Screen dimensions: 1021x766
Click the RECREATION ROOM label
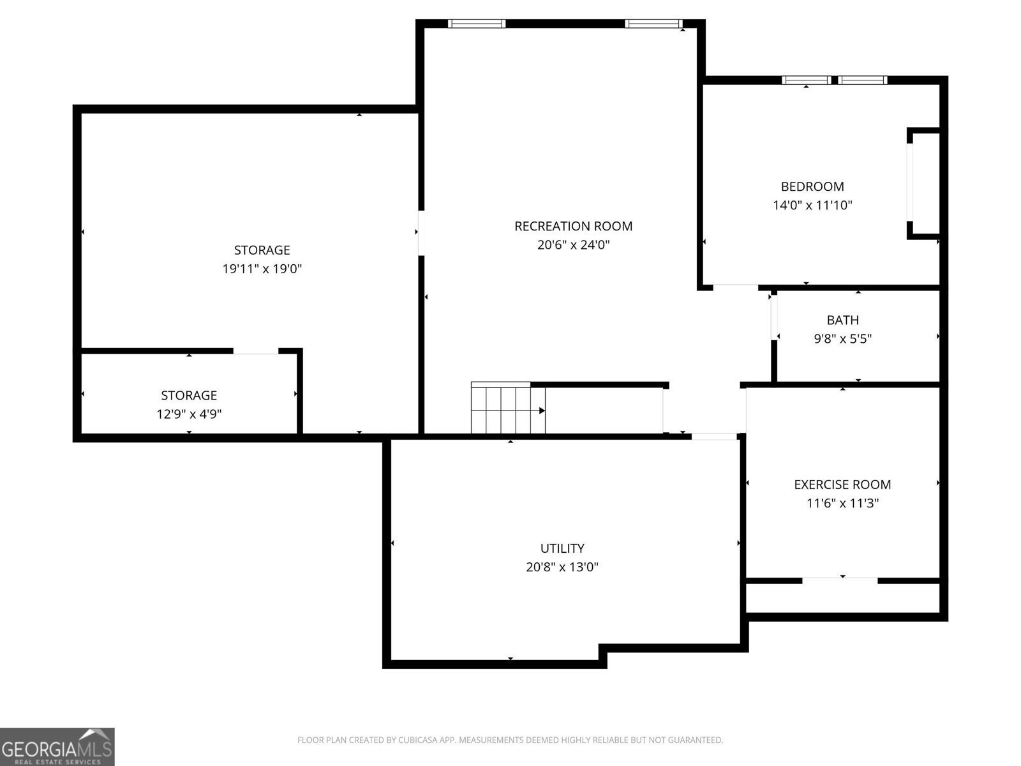(x=573, y=226)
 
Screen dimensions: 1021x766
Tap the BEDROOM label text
(x=812, y=186)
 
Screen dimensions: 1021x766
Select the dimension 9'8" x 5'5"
(x=842, y=338)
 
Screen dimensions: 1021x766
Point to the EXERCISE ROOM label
(x=842, y=484)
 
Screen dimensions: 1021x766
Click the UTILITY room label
(x=562, y=548)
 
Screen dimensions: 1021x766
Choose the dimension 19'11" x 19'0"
(x=262, y=269)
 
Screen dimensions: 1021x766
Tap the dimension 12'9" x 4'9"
(x=189, y=414)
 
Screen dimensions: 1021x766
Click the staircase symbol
(x=508, y=408)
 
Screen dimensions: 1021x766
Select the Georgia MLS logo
(x=57, y=746)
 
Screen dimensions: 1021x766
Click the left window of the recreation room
(x=476, y=24)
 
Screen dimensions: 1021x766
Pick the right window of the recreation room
(x=653, y=24)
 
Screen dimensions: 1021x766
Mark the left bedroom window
(x=806, y=80)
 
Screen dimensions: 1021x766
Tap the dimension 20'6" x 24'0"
(x=573, y=244)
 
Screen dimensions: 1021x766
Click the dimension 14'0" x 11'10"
(x=812, y=205)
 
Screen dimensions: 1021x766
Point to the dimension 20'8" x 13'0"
(x=562, y=567)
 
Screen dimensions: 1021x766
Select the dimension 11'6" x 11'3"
(x=842, y=503)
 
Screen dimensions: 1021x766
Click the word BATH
(x=842, y=320)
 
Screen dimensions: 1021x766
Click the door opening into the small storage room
(x=255, y=350)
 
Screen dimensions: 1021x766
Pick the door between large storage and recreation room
(x=421, y=233)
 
